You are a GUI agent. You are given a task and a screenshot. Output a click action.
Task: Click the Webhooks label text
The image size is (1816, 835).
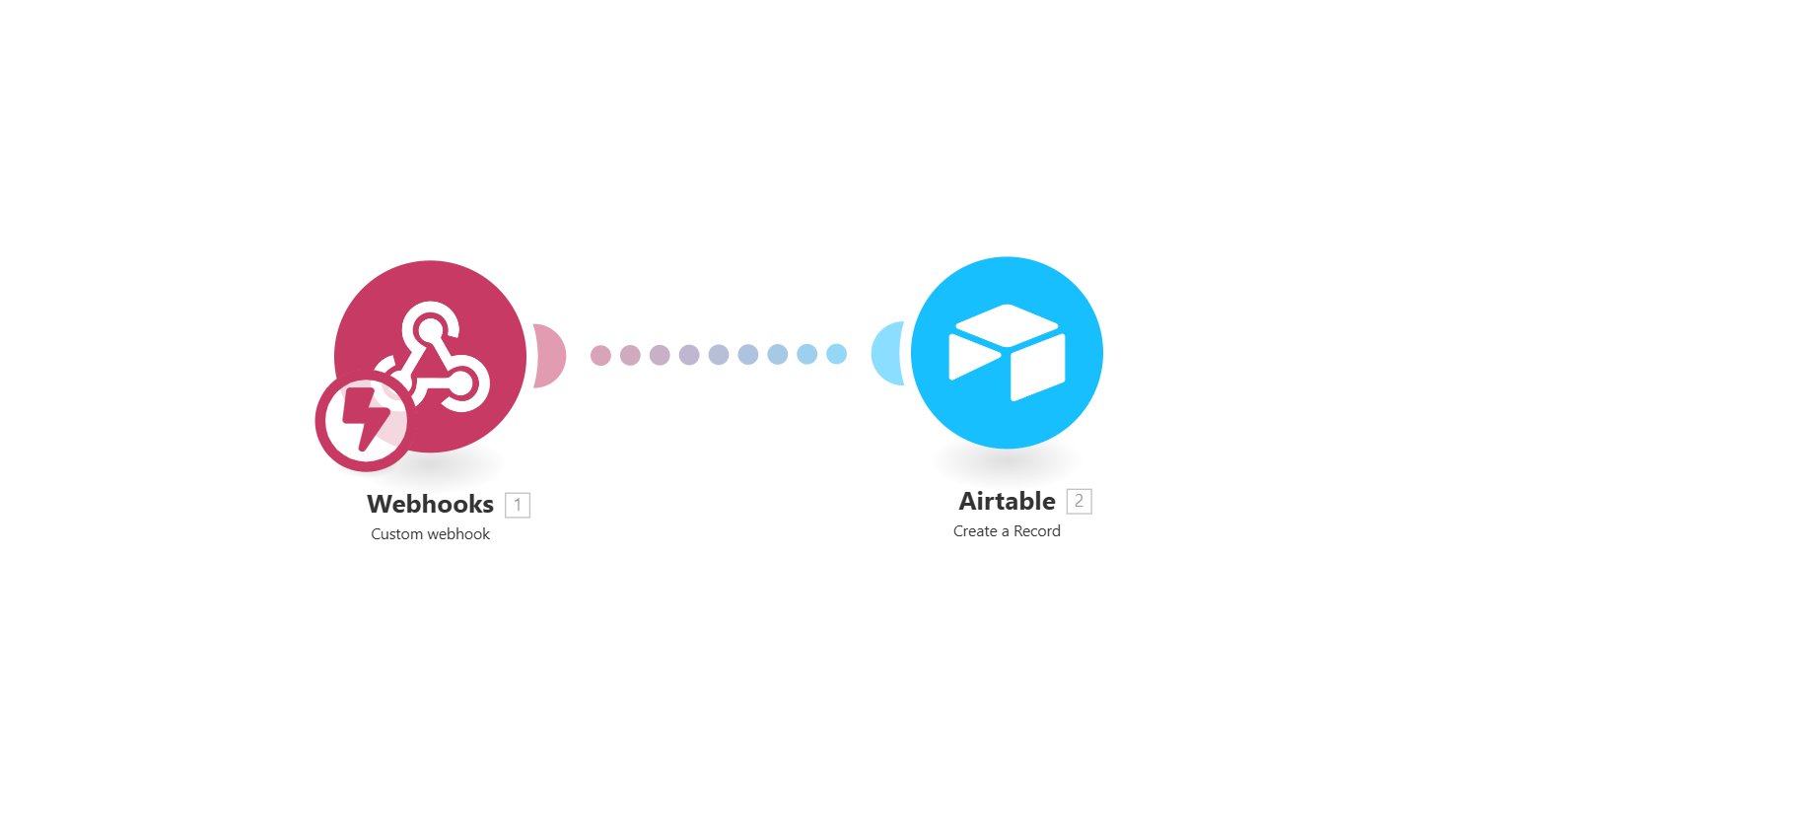[x=430, y=504]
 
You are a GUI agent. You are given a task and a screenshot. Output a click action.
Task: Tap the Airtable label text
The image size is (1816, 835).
[x=1007, y=501]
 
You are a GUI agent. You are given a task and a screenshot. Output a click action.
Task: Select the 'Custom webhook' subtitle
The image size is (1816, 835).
[x=430, y=534]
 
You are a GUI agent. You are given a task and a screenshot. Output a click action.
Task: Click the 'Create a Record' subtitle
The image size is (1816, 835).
[x=1007, y=531]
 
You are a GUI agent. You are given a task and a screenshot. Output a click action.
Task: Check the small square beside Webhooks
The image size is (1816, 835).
[x=518, y=505]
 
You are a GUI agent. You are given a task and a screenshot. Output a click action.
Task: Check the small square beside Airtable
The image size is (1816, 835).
[x=1080, y=501]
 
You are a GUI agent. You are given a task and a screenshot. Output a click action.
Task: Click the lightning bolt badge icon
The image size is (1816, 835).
[x=363, y=421]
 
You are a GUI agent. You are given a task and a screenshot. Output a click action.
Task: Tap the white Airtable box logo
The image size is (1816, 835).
[x=1007, y=352]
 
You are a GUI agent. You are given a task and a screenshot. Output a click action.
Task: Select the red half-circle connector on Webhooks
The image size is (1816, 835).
[x=550, y=355]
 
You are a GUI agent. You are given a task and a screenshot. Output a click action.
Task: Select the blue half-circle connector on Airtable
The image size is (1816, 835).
[x=887, y=353]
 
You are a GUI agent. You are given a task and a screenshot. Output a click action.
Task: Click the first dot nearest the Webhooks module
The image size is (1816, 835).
[x=600, y=355]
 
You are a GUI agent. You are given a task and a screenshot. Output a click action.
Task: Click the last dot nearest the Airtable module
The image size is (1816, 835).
[x=836, y=354]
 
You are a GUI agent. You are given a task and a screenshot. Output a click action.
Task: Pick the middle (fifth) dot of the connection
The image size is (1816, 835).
[x=719, y=355]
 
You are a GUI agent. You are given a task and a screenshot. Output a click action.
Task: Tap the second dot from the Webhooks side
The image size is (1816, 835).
[x=630, y=355]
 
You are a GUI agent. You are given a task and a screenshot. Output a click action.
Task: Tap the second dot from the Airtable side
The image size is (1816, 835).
[x=806, y=354]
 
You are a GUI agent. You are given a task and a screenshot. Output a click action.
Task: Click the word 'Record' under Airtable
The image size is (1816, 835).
[x=1037, y=531]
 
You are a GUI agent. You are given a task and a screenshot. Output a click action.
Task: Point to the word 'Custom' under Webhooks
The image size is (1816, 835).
[x=396, y=534]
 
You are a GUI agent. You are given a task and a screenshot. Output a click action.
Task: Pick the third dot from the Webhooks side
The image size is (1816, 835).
[x=660, y=355]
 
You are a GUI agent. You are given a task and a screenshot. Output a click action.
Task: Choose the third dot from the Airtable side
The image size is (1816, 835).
[x=777, y=354]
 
